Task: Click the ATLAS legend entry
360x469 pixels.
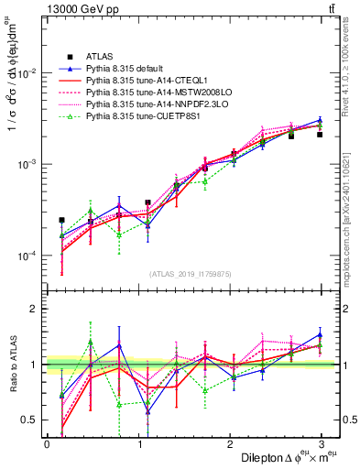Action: coord(99,58)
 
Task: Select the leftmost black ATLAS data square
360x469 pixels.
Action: coord(61,220)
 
